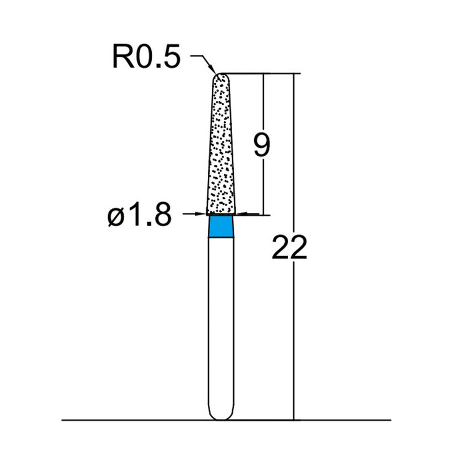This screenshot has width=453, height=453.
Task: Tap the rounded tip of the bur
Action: coord(221,76)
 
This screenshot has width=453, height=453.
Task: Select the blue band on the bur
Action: coord(220,226)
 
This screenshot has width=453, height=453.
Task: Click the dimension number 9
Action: coord(262,146)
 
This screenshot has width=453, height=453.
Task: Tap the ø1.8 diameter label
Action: coord(139,215)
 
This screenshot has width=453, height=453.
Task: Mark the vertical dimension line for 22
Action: coord(293,340)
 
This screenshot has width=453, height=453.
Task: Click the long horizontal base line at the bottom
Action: coord(142,420)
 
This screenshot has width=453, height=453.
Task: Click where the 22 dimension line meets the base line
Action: coord(293,420)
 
